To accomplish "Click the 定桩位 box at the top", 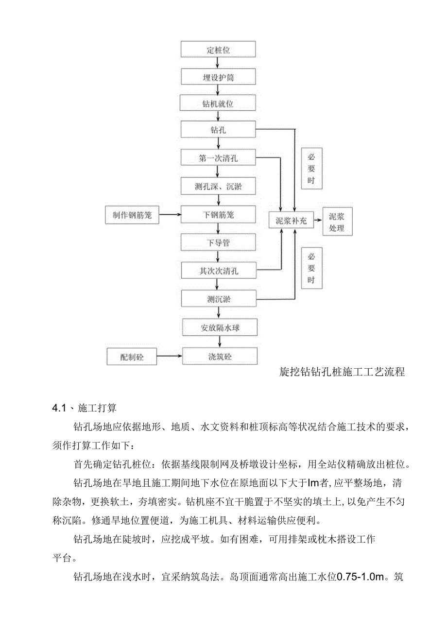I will (218, 50).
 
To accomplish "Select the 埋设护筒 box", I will (218, 77).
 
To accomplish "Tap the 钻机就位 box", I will (218, 103).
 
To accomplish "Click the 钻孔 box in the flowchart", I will (218, 130).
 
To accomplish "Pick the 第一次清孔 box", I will (218, 158).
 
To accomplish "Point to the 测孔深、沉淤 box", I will (218, 186).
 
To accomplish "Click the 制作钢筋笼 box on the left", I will (129, 215).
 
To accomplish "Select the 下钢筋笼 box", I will (218, 215).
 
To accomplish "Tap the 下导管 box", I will (218, 242).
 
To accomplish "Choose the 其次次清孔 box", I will (218, 271).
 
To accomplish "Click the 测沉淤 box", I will (218, 299).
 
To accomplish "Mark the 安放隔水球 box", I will (220, 328).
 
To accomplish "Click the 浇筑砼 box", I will (220, 357).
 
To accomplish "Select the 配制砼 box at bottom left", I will (132, 357).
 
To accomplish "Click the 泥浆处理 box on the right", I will (337, 222).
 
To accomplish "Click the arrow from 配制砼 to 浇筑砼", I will (170, 357).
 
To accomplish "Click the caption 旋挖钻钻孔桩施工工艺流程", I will (342, 373).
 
